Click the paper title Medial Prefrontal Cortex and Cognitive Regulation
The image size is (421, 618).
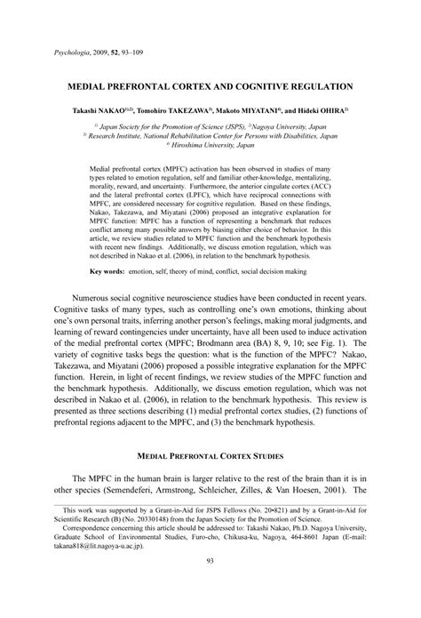coord(210,87)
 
